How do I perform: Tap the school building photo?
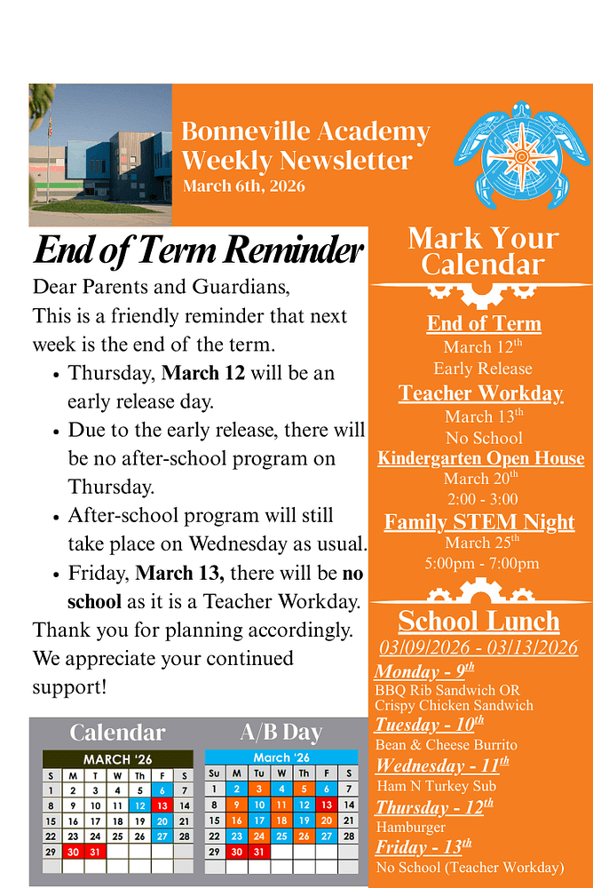[x=100, y=155]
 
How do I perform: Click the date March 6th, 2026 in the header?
[x=243, y=186]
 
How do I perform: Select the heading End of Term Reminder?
[x=198, y=250]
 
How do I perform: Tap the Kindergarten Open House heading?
[x=481, y=458]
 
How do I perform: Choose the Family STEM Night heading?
[x=479, y=521]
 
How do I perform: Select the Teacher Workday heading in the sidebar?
[x=481, y=393]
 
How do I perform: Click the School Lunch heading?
[x=478, y=621]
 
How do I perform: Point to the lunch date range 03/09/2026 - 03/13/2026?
[x=478, y=647]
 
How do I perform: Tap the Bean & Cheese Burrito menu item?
[x=446, y=745]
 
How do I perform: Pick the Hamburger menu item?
[x=410, y=828]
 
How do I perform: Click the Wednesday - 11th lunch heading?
[x=442, y=765]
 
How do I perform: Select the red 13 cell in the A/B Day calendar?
[x=325, y=805]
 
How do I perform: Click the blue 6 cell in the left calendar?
[x=162, y=790]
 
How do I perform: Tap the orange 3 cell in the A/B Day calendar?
[x=258, y=789]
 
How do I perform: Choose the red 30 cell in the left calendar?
[x=74, y=851]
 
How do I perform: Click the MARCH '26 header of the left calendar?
[x=117, y=760]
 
